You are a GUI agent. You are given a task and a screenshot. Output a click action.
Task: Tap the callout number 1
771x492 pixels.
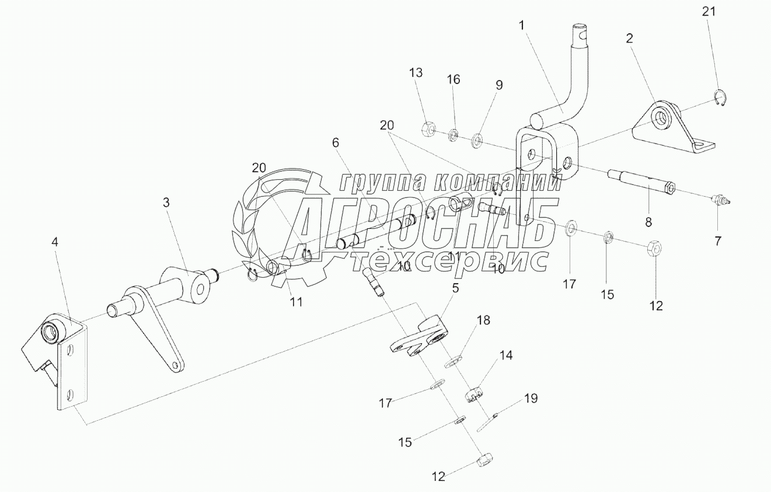[x=521, y=26]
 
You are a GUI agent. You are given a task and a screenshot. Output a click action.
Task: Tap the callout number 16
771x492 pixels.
[x=453, y=80]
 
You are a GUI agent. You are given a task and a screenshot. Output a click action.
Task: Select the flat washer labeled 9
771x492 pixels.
[x=477, y=140]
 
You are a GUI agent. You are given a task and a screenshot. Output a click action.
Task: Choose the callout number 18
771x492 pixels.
[x=483, y=320]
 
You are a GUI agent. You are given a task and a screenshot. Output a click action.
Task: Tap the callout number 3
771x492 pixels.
[x=166, y=203]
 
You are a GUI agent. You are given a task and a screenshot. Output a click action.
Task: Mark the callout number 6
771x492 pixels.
[x=335, y=143]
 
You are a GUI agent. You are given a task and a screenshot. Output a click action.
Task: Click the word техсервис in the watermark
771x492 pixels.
[x=449, y=261]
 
